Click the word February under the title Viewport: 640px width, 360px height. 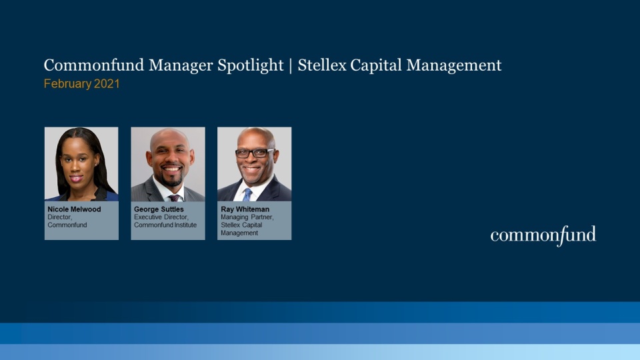coord(67,84)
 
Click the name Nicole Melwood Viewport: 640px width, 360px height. coord(74,209)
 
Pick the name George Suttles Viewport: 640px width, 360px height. coord(159,209)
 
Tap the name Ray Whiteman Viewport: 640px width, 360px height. coord(245,209)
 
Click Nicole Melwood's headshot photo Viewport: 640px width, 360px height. coord(81,164)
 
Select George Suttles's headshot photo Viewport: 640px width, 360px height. coord(168,164)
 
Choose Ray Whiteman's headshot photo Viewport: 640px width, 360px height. coord(254,164)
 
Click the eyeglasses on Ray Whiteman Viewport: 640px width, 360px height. coord(254,153)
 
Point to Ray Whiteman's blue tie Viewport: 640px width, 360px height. coord(247,194)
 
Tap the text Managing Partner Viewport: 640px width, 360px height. coord(247,217)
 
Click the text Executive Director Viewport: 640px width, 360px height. coord(161,217)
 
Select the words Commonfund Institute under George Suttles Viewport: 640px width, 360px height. coord(165,225)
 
